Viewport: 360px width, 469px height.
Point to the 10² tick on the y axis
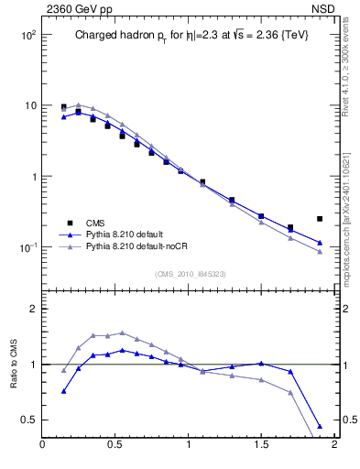tap(27, 35)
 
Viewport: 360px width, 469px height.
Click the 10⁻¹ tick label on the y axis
tap(27, 248)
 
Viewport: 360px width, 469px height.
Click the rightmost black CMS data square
tap(320, 219)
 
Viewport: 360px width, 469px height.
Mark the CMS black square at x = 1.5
tap(261, 216)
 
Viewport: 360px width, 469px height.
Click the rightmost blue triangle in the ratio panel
tap(320, 427)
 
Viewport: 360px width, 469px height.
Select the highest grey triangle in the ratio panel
tap(123, 333)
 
